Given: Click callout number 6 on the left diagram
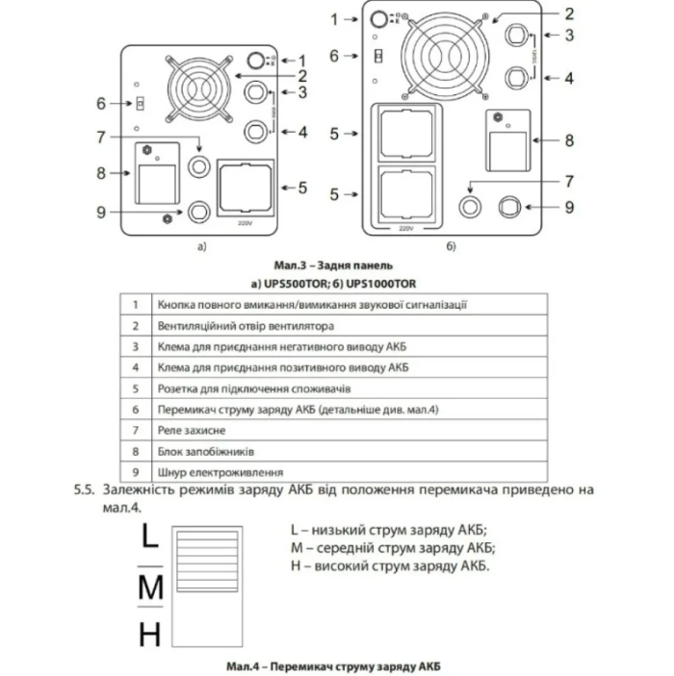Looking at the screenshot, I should click(100, 102).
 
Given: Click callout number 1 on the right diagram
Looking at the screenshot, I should click(335, 18).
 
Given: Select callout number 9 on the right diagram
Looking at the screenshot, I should click(569, 206).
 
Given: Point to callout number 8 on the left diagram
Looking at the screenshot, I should click(99, 172).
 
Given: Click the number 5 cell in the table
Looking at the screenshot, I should click(136, 388).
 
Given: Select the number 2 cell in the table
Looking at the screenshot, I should click(136, 325).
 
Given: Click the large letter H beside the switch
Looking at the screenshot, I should click(149, 635).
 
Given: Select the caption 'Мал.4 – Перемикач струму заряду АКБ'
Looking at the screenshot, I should click(337, 665).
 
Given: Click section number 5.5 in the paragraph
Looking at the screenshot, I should click(85, 489).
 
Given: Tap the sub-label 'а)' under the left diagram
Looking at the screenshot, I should click(202, 247).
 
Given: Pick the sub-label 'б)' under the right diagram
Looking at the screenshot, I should click(451, 247).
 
